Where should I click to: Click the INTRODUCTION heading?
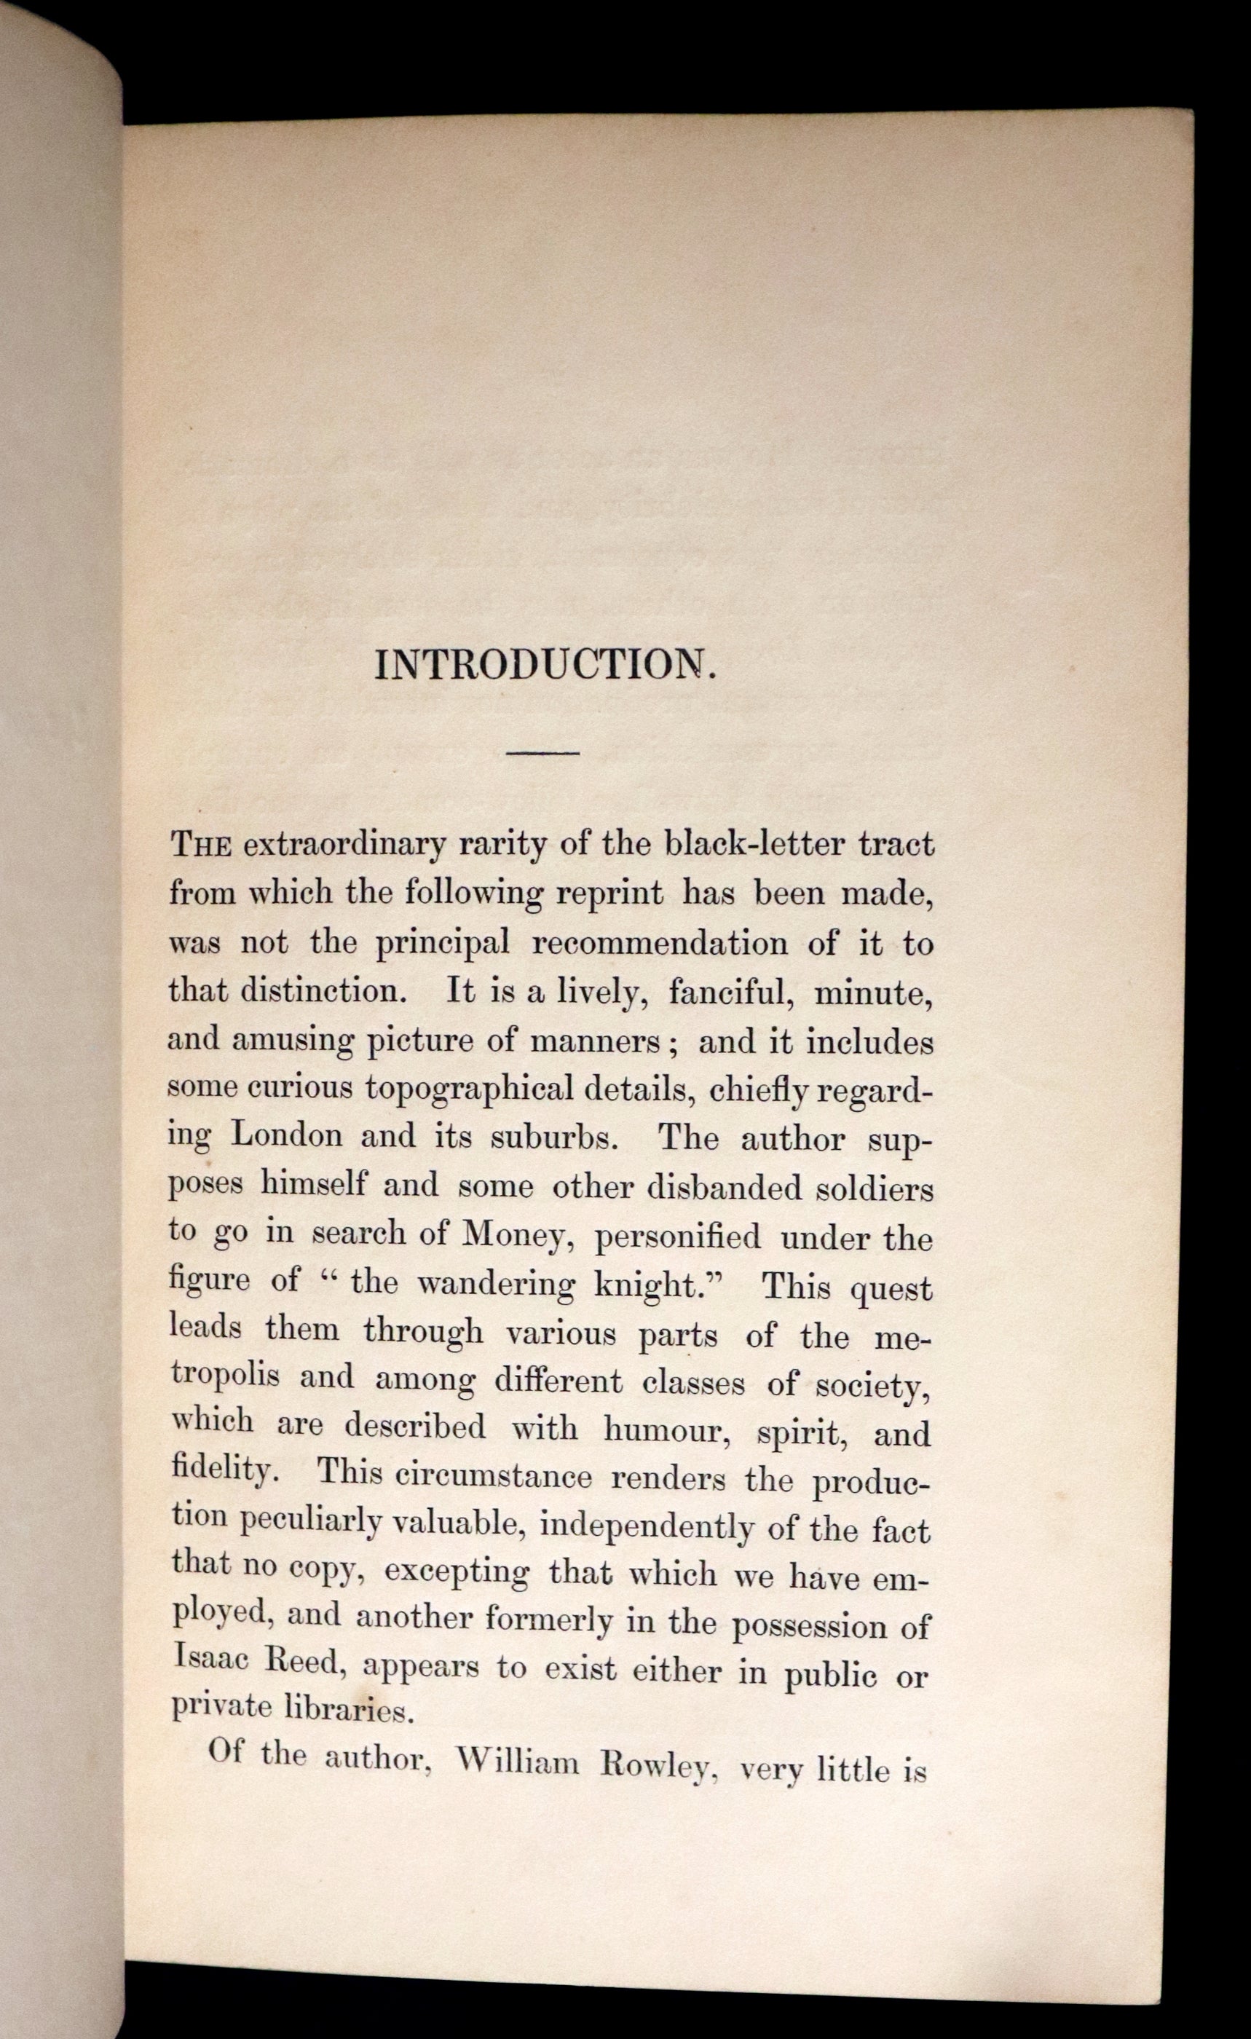[545, 664]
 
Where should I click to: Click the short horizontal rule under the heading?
[542, 752]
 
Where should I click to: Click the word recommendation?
[660, 943]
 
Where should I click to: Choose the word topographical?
[469, 1089]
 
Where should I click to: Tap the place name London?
[286, 1135]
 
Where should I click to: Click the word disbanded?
[724, 1188]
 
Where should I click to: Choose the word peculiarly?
[311, 1521]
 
